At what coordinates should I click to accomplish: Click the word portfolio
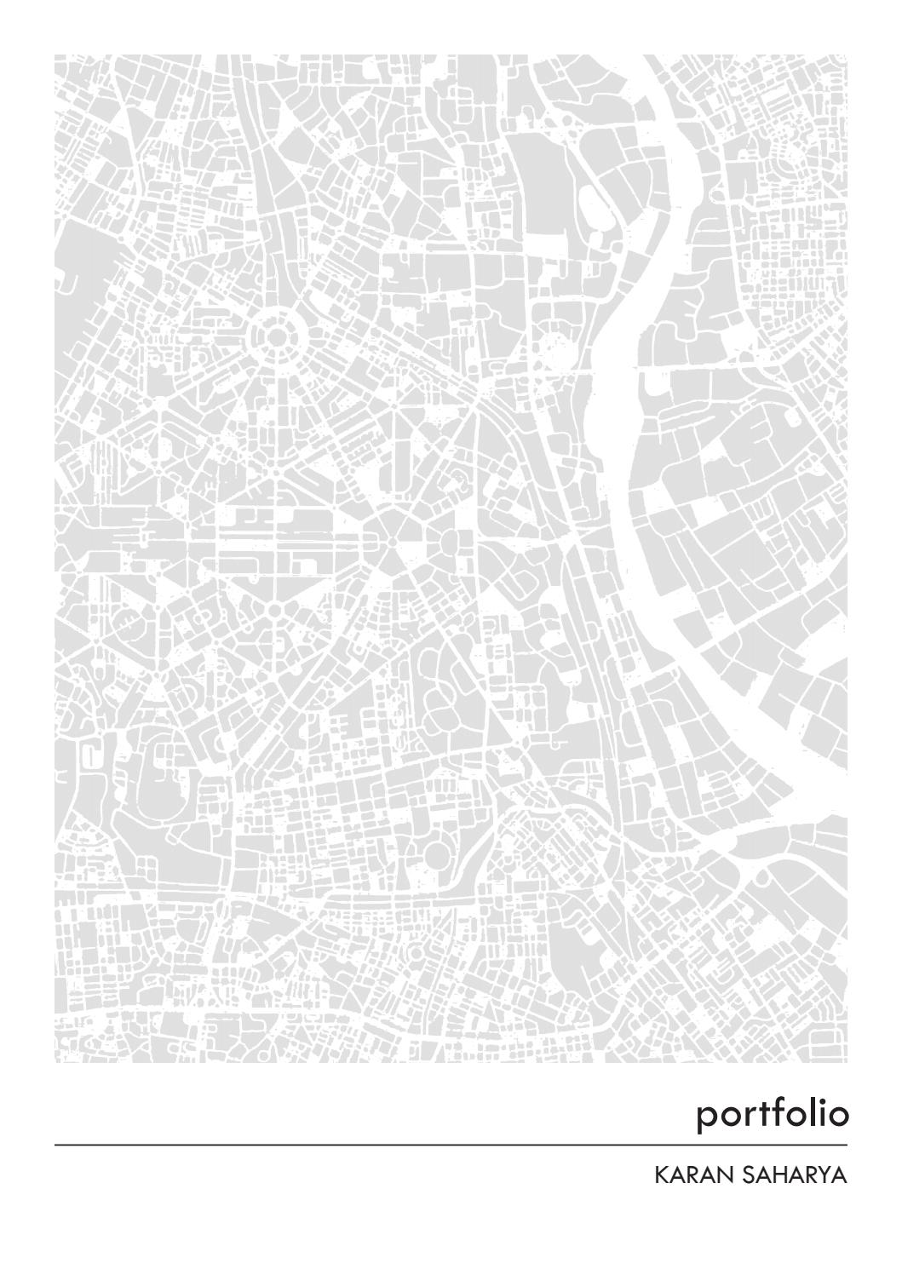coord(772,1115)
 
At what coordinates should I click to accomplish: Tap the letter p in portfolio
coord(706,1117)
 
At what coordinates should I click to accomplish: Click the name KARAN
coord(692,1176)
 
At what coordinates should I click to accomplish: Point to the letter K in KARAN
coord(660,1176)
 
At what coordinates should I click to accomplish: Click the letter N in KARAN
coord(724,1176)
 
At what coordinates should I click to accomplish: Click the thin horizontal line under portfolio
coord(451,1145)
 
